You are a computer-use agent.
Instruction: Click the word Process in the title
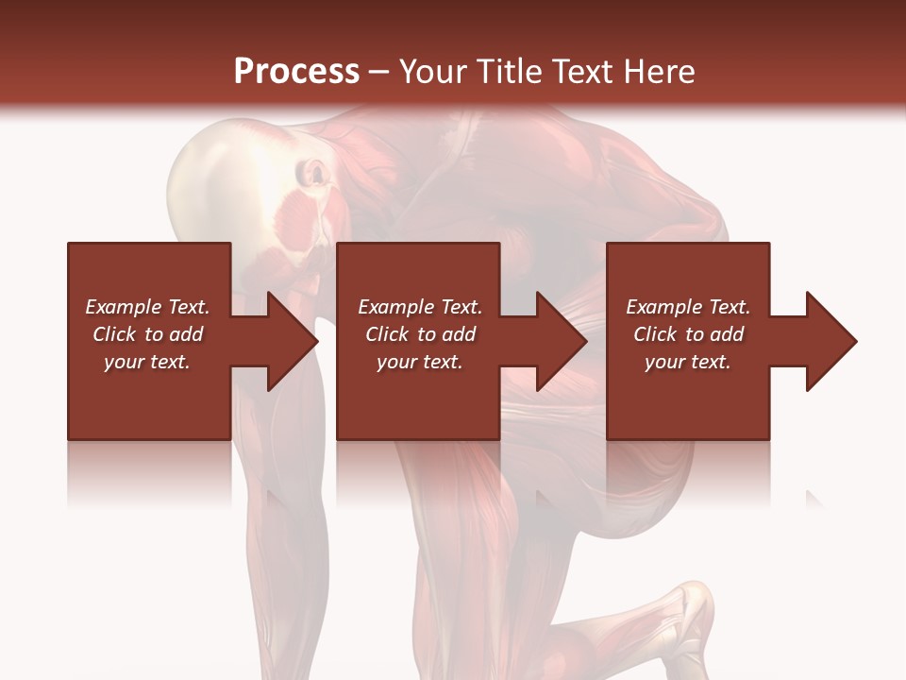pos(296,72)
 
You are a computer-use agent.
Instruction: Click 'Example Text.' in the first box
pos(147,307)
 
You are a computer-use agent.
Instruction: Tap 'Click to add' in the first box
pos(147,334)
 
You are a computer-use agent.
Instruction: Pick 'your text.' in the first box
pos(147,362)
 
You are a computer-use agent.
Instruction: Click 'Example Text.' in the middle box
pos(419,307)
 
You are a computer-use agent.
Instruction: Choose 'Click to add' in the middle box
pos(419,334)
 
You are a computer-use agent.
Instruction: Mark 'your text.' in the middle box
pos(419,362)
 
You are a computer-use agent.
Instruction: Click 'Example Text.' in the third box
pos(688,307)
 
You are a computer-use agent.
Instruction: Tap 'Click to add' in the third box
pos(688,334)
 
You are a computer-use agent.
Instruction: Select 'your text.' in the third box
pos(688,362)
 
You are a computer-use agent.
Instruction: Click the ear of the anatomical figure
pos(313,175)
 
